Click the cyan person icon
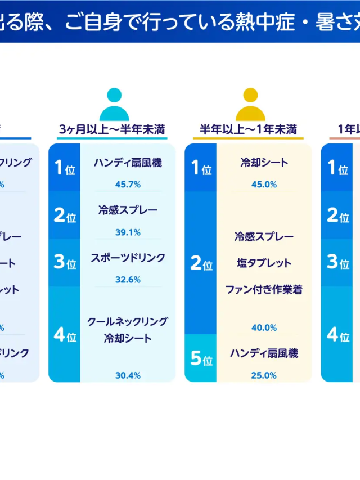click(114, 105)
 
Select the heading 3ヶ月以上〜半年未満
click(112, 129)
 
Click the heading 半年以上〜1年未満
click(249, 129)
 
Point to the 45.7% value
click(128, 184)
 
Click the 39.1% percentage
click(128, 232)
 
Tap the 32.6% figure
click(128, 280)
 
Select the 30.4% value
click(128, 375)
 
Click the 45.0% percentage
click(264, 184)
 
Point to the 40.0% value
click(264, 328)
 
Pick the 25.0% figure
click(264, 375)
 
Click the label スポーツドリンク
click(128, 258)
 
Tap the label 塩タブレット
click(264, 263)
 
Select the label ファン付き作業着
click(264, 290)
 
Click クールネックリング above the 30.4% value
click(128, 322)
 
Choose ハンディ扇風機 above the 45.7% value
click(128, 163)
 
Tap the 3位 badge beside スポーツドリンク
click(65, 263)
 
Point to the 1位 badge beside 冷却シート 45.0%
click(201, 168)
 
